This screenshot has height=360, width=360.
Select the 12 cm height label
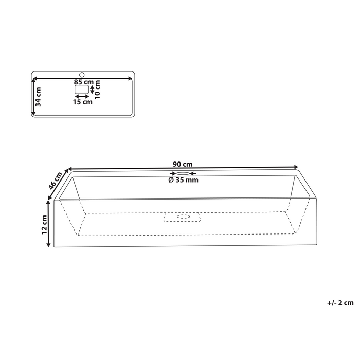(x=45, y=225)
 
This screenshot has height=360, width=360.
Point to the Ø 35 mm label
(x=183, y=180)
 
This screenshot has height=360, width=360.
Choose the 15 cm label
(x=82, y=102)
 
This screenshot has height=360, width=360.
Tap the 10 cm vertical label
(x=98, y=89)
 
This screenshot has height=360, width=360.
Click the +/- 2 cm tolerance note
(x=339, y=303)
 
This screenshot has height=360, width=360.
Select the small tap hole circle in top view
(x=81, y=75)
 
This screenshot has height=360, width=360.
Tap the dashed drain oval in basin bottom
(x=183, y=217)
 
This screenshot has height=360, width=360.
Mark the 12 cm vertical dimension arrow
(x=49, y=225)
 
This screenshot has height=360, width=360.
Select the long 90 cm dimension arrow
(x=183, y=168)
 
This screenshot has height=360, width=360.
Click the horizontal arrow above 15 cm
(x=82, y=96)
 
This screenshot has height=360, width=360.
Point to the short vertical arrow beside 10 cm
(x=92, y=89)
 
